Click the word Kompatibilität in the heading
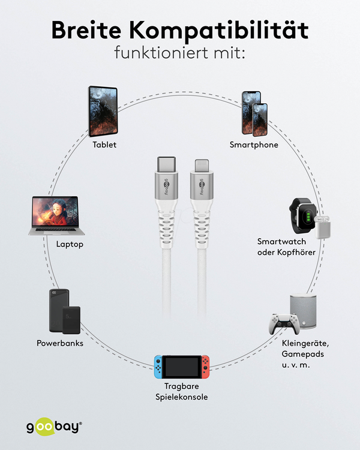tap(219, 31)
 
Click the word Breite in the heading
tap(86, 30)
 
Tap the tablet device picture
tap(103, 112)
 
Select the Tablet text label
tap(104, 145)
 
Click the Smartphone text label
tap(254, 145)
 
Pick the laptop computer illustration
tap(56, 216)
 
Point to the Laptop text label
tap(70, 244)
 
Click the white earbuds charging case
tap(322, 227)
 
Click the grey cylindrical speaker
tap(303, 311)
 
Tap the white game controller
tap(284, 324)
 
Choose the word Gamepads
tap(302, 354)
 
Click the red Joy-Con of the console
tap(205, 367)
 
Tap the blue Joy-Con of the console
tap(158, 367)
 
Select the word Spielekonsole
tap(182, 397)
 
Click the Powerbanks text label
tap(60, 343)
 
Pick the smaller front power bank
tap(71, 320)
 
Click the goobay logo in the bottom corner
tap(54, 427)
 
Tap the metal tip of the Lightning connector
tap(202, 166)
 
